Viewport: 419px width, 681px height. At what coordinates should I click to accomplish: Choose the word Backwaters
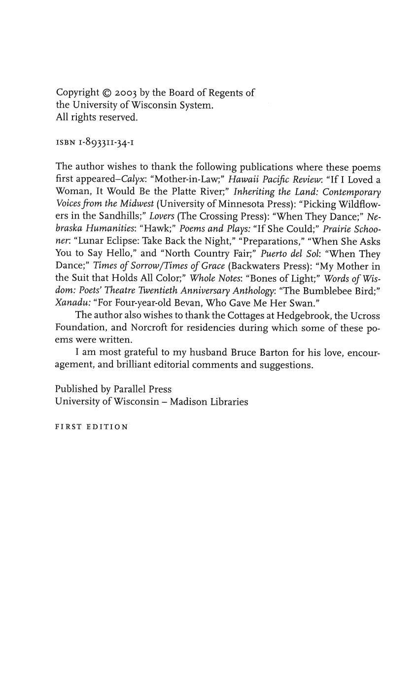click(254, 266)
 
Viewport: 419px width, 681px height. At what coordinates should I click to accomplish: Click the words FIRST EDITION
click(91, 427)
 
